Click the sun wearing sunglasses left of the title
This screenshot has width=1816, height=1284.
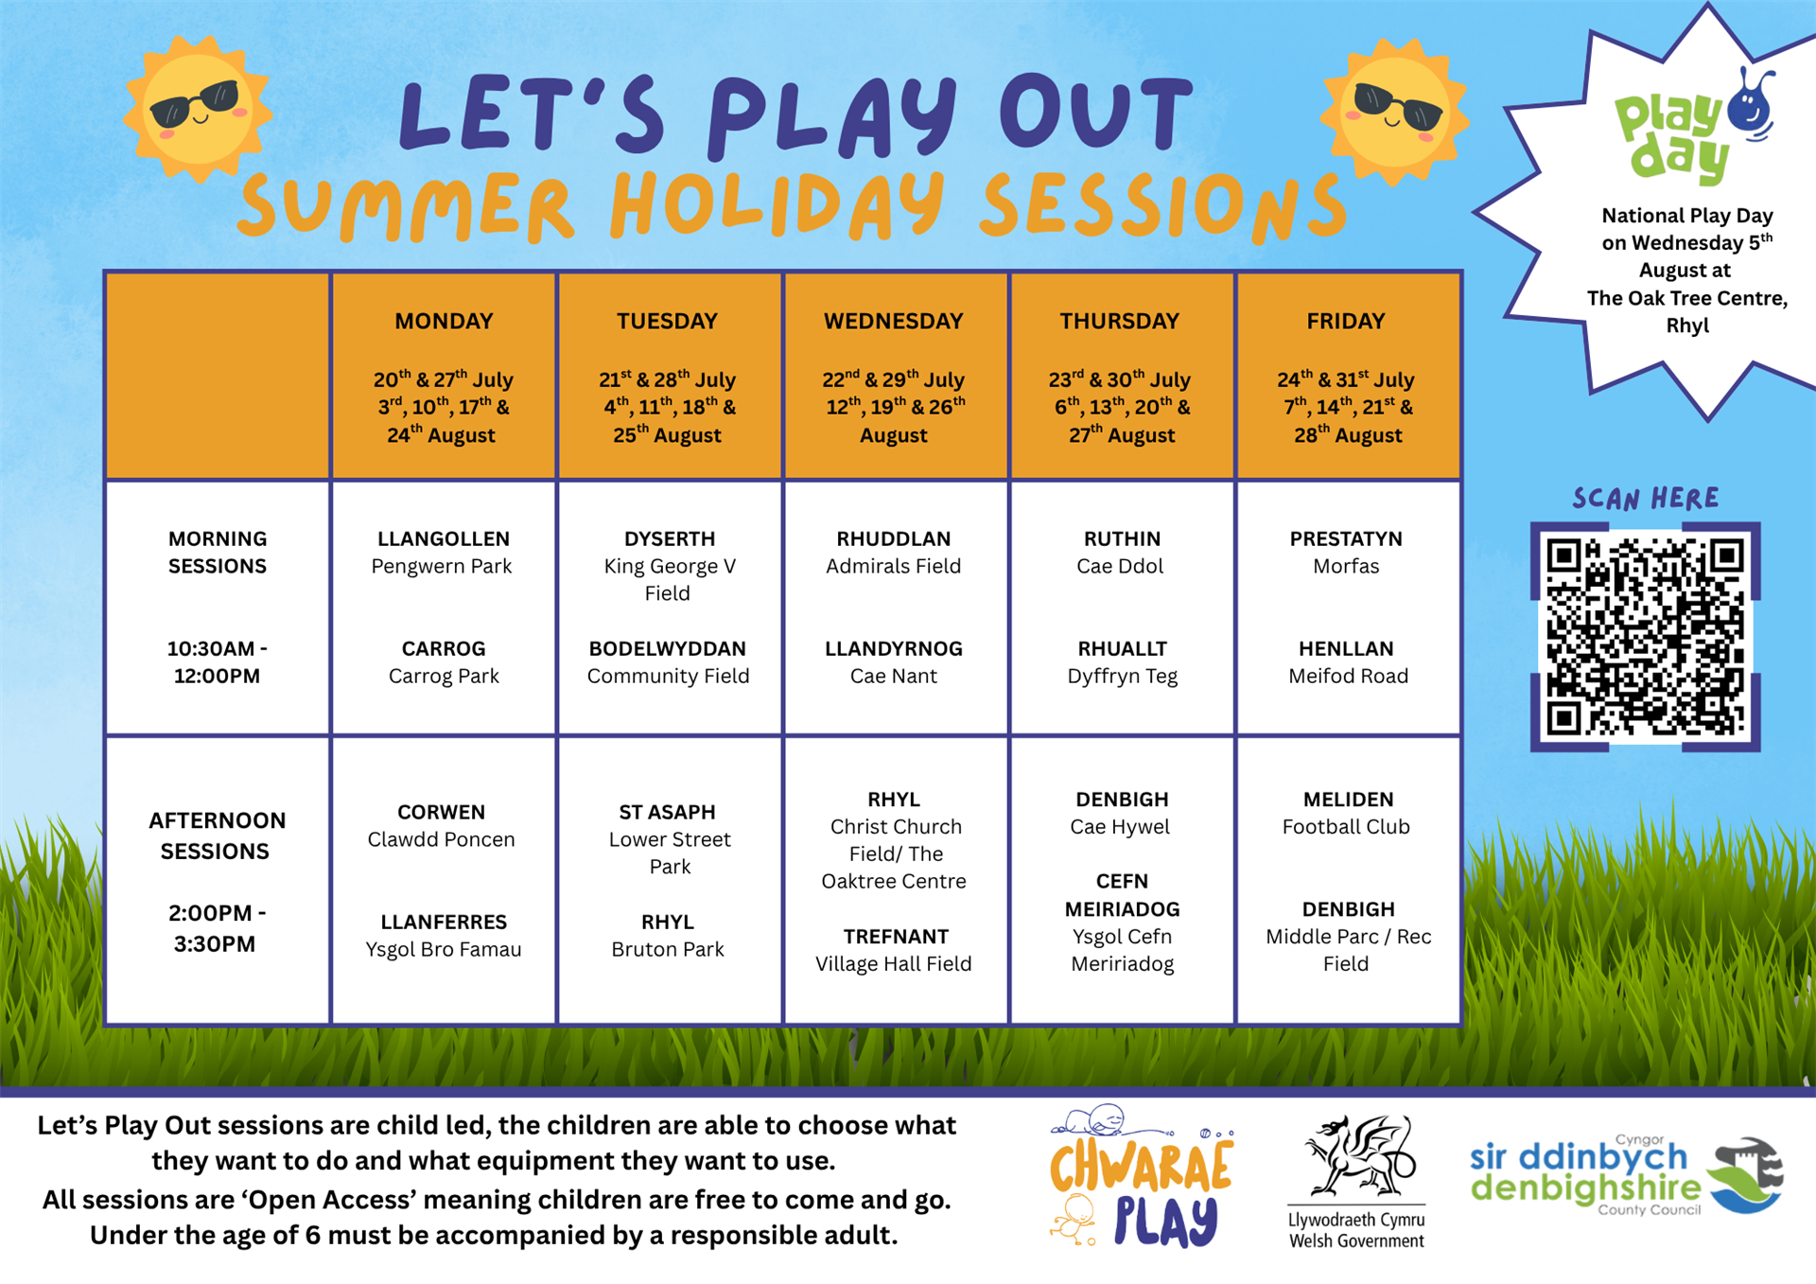pos(198,109)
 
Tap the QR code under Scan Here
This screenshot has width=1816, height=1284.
pos(1645,637)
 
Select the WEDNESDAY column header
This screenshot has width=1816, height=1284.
pos(893,321)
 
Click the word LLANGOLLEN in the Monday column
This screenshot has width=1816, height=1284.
pos(443,538)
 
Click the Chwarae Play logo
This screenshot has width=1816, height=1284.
pos(1142,1176)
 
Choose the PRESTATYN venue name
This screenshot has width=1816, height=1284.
pos(1346,538)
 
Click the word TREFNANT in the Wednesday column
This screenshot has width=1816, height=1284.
pos(896,937)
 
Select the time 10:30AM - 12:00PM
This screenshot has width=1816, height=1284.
pos(217,662)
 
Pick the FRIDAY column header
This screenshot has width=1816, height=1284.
pos(1346,321)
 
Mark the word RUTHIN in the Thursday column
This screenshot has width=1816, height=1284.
pos(1122,538)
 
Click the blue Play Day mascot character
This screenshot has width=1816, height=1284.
pos(1751,104)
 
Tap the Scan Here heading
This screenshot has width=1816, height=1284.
pos(1646,499)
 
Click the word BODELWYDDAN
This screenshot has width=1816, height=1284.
pos(668,649)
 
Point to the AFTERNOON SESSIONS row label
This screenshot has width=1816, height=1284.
pos(217,835)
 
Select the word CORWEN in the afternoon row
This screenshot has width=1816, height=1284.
pos(441,812)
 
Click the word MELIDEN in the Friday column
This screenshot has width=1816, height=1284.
pos(1348,800)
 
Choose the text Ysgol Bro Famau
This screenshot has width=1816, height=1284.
pos(444,949)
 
